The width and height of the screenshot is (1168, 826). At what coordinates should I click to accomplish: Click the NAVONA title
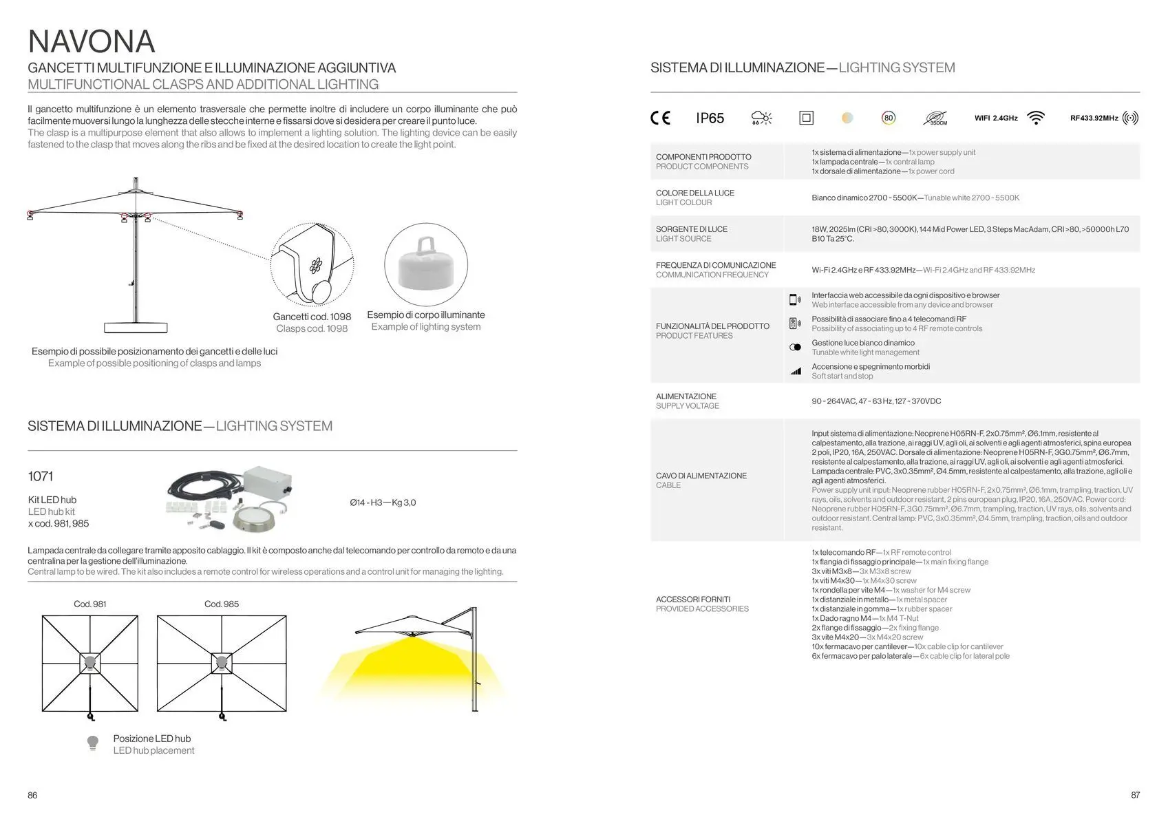pyautogui.click(x=91, y=41)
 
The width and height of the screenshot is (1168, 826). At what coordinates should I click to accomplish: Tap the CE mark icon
pyautogui.click(x=660, y=118)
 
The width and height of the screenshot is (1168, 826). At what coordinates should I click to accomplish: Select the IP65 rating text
pyautogui.click(x=710, y=118)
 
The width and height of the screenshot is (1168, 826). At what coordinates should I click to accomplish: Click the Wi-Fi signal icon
pyautogui.click(x=1035, y=118)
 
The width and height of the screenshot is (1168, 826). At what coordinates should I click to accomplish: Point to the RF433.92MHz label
pyautogui.click(x=1094, y=118)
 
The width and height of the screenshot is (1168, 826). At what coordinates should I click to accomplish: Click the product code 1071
pyautogui.click(x=41, y=476)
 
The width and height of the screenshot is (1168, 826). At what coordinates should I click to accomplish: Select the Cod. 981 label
pyautogui.click(x=90, y=604)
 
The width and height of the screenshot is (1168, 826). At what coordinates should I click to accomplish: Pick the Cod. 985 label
pyautogui.click(x=222, y=604)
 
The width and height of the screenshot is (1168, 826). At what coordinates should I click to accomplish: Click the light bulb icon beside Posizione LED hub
pyautogui.click(x=93, y=743)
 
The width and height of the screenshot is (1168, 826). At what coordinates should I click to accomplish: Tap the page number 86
pyautogui.click(x=32, y=795)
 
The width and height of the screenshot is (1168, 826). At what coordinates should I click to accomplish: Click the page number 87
pyautogui.click(x=1135, y=795)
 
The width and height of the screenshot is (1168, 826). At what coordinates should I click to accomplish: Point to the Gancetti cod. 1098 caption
pyautogui.click(x=312, y=317)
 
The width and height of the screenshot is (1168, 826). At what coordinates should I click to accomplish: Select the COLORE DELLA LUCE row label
pyautogui.click(x=695, y=193)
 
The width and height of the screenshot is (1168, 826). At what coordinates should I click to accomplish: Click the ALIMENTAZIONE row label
pyautogui.click(x=686, y=396)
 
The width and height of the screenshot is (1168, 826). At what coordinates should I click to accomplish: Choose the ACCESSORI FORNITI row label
pyautogui.click(x=693, y=600)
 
